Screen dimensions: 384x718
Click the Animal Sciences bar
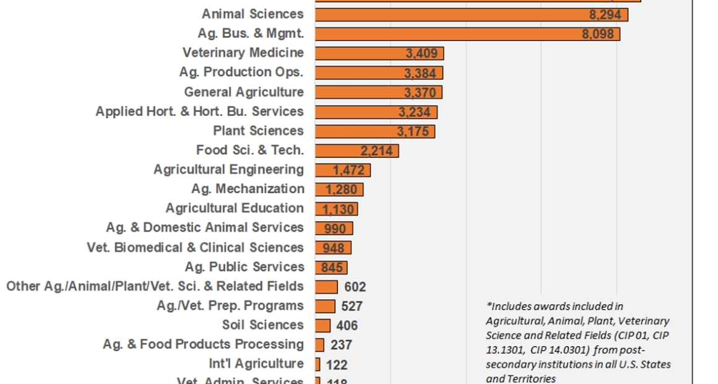pyautogui.click(x=470, y=14)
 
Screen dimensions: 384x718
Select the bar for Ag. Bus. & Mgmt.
pyautogui.click(x=467, y=34)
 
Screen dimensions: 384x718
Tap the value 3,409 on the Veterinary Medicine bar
pyautogui.click(x=421, y=54)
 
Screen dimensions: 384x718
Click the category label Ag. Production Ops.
pyautogui.click(x=241, y=72)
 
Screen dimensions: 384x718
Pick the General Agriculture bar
pyautogui.click(x=378, y=92)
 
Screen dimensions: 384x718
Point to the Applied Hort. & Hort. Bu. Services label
pyautogui.click(x=199, y=111)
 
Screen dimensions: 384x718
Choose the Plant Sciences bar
pyautogui.click(x=374, y=131)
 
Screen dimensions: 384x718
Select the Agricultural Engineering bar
pyautogui.click(x=342, y=170)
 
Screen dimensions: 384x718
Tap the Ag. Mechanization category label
pyautogui.click(x=248, y=189)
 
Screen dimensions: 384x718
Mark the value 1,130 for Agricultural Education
pyautogui.click(x=338, y=209)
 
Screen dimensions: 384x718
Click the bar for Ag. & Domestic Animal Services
pyautogui.click(x=334, y=229)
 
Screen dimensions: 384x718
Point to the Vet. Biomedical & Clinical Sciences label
pyautogui.click(x=195, y=248)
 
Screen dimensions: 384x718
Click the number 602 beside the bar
pyautogui.click(x=355, y=287)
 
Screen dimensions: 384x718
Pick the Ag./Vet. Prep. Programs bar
pyautogui.click(x=325, y=306)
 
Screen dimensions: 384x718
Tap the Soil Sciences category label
pyautogui.click(x=263, y=325)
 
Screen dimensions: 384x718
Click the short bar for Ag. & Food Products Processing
pyautogui.click(x=319, y=345)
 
